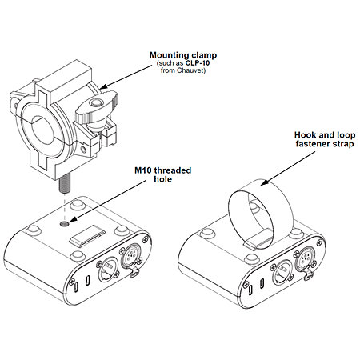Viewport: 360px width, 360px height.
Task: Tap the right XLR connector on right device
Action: (x=306, y=260)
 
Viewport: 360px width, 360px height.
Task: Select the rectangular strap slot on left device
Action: (x=87, y=236)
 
